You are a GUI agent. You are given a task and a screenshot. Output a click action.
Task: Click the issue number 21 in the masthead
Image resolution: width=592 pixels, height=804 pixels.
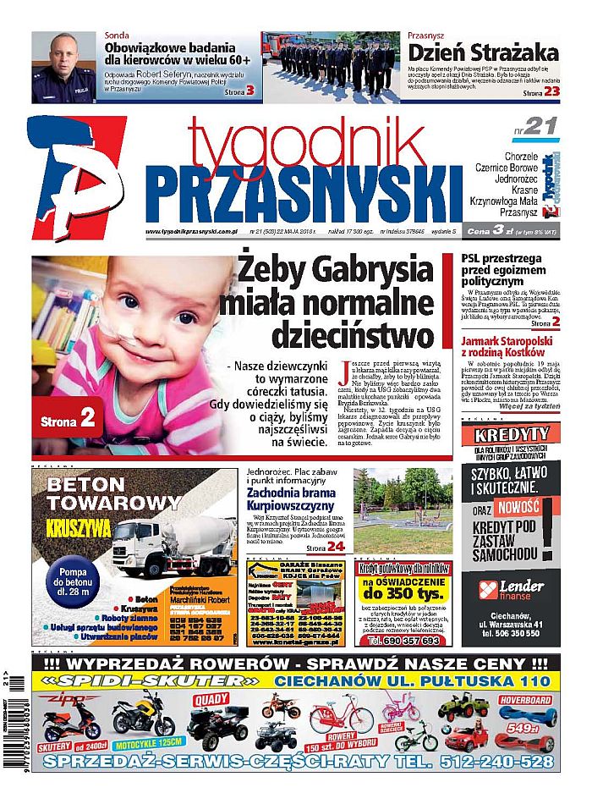coord(540,127)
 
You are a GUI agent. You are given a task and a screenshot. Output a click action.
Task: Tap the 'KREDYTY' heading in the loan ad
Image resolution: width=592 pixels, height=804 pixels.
coord(512,435)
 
